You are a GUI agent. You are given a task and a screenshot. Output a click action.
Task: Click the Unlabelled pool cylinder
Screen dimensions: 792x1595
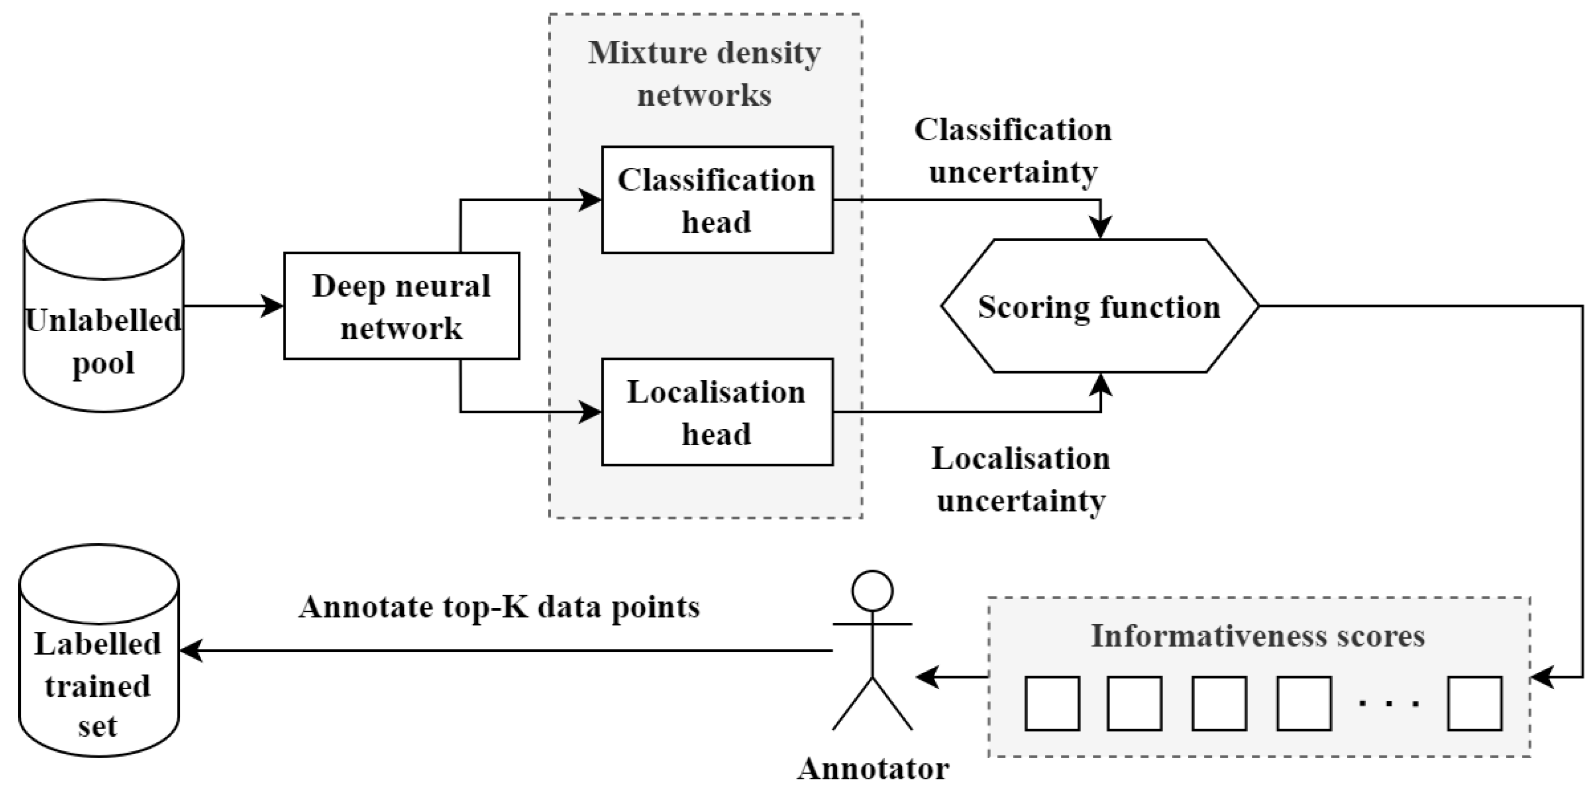[x=103, y=306]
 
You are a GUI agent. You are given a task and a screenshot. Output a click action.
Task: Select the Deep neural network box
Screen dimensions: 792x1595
[x=401, y=306]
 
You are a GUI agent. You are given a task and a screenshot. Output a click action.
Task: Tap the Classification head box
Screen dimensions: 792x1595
[x=717, y=200]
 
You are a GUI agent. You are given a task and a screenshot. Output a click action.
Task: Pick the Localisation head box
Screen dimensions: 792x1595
[x=717, y=412]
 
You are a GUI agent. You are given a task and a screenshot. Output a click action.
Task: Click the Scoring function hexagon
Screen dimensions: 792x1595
[x=1100, y=306]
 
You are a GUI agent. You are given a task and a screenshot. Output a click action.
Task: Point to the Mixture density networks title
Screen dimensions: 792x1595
[x=704, y=73]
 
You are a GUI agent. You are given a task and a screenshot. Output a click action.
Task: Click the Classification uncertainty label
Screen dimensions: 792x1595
[x=1013, y=150]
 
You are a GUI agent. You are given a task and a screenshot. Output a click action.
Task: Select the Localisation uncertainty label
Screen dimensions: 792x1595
[x=1021, y=479]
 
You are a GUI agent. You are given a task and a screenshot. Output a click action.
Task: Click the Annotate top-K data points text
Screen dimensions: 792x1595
[x=499, y=607]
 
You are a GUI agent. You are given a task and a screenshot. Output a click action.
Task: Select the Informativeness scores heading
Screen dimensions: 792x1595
[x=1258, y=636]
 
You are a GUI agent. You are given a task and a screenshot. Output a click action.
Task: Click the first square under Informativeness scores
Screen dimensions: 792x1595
[x=1052, y=703]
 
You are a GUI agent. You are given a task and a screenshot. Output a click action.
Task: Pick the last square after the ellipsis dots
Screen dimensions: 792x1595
[x=1474, y=703]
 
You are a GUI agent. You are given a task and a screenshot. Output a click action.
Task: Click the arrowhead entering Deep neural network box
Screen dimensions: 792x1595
[x=272, y=306]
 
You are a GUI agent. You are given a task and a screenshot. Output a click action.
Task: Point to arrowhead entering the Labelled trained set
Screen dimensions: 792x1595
[x=191, y=651]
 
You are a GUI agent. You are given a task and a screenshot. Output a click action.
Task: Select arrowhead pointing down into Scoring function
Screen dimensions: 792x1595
[x=1101, y=228]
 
